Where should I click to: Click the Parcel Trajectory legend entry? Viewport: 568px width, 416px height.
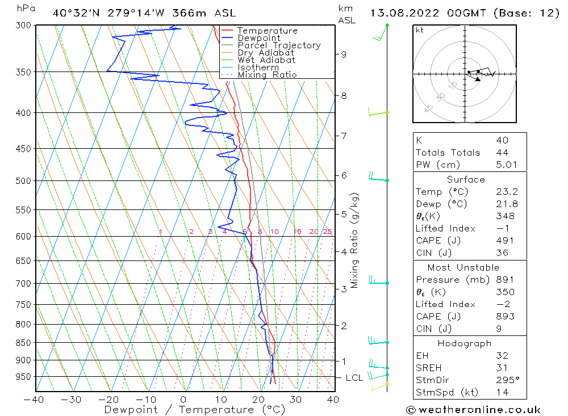click(x=279, y=45)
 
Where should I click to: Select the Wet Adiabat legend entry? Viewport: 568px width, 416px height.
click(x=266, y=60)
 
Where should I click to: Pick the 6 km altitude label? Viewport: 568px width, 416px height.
click(x=343, y=175)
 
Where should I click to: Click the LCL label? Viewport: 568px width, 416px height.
click(x=354, y=378)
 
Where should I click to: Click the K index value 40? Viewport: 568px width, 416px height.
click(x=502, y=140)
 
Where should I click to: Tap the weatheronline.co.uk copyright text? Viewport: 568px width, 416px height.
click(x=473, y=409)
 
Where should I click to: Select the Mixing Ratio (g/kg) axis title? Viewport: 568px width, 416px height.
click(x=355, y=240)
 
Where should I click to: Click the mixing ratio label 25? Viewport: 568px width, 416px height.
click(x=327, y=232)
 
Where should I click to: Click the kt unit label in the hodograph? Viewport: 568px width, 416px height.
click(x=419, y=30)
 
